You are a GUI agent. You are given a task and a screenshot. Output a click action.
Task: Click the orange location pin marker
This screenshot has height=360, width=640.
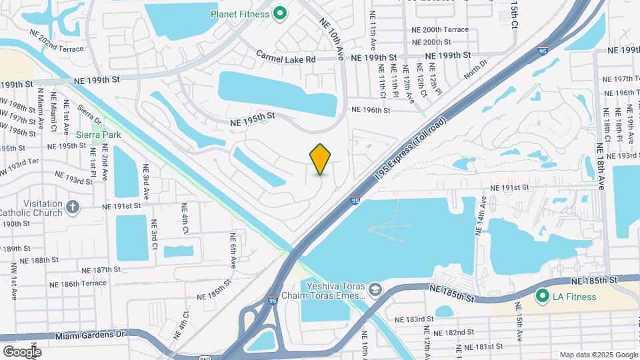point(321,159)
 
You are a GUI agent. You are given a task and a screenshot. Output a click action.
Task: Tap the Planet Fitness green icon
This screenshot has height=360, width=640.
point(281,13)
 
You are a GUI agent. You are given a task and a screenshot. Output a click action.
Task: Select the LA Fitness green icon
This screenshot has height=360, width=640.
point(543,295)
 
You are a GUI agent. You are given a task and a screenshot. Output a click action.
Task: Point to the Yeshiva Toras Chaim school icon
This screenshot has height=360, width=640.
point(376,288)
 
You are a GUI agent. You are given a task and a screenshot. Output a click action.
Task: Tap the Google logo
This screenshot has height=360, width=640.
point(21,351)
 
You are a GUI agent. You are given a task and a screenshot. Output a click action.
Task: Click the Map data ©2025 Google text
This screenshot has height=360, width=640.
point(598,355)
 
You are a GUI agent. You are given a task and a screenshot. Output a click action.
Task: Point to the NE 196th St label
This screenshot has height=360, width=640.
point(370,110)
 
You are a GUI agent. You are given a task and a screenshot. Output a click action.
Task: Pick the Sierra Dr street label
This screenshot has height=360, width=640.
point(89,113)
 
